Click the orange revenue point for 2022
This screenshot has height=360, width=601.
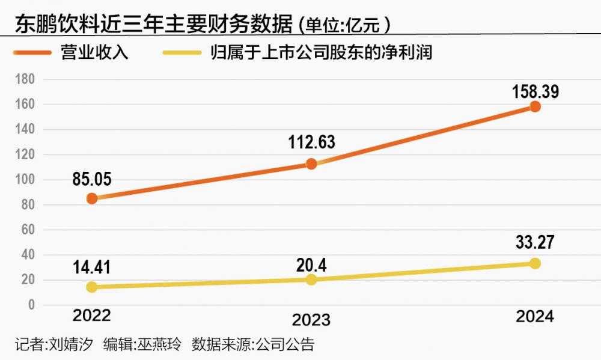tap(92, 198)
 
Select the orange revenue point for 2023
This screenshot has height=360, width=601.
tap(311, 163)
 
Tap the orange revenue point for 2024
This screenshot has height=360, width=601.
tap(535, 106)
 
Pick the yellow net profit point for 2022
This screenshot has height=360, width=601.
tap(92, 287)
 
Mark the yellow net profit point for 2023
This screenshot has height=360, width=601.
tap(311, 279)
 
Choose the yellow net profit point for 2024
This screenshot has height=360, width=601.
tap(535, 263)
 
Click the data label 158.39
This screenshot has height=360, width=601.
tap(535, 92)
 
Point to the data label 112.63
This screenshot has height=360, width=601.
tap(311, 142)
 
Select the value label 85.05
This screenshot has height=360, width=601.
tap(91, 178)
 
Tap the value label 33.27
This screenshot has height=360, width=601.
tap(535, 243)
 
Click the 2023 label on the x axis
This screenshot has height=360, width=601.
tap(311, 319)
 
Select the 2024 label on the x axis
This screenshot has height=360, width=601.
tap(534, 317)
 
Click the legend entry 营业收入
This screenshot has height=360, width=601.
tap(102, 52)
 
